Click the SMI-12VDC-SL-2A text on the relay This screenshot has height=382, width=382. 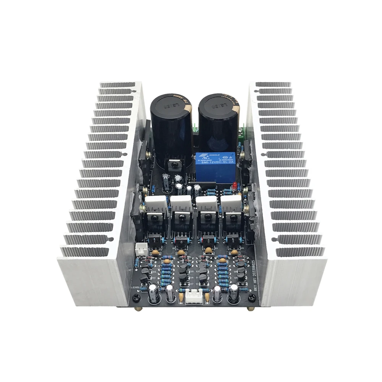215,162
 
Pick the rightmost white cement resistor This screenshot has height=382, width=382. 231,204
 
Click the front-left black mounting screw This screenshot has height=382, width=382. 135,299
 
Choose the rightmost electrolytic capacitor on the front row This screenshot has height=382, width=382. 233,294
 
